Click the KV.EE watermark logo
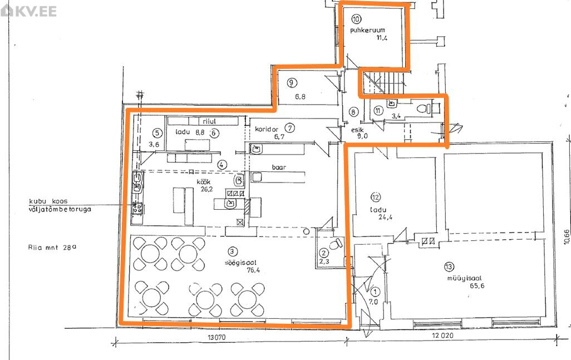tap(29, 11)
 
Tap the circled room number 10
tap(356, 18)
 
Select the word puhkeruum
tap(367, 30)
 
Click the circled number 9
tap(291, 83)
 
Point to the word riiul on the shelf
tap(209, 121)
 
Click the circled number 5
tap(157, 133)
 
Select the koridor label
tap(267, 129)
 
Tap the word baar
tap(279, 167)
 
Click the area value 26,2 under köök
tap(206, 189)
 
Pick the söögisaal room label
tap(240, 262)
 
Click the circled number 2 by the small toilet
tap(323, 253)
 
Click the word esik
tap(357, 130)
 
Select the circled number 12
tap(376, 198)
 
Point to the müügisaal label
tap(464, 278)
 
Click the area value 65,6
tap(477, 286)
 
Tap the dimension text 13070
tap(216, 337)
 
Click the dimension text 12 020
tap(443, 335)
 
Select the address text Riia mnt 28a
tap(52, 248)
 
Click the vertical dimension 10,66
tap(567, 236)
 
